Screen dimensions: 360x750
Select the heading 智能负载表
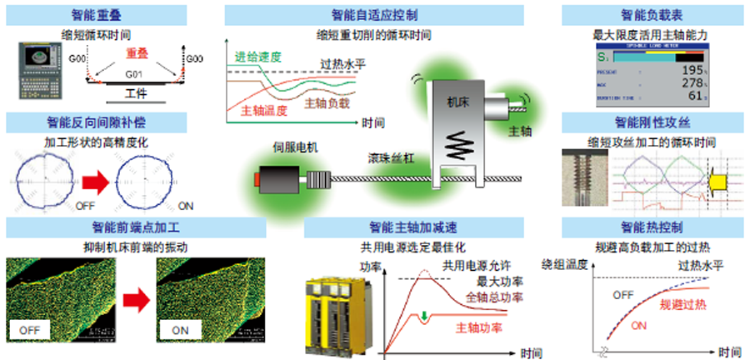pyautogui.click(x=654, y=15)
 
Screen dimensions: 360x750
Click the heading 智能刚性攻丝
pyautogui.click(x=654, y=122)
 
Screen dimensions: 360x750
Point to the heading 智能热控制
pyautogui.click(x=654, y=227)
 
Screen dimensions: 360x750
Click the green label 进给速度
pyautogui.click(x=258, y=57)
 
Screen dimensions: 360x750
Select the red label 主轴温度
pyautogui.click(x=261, y=110)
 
